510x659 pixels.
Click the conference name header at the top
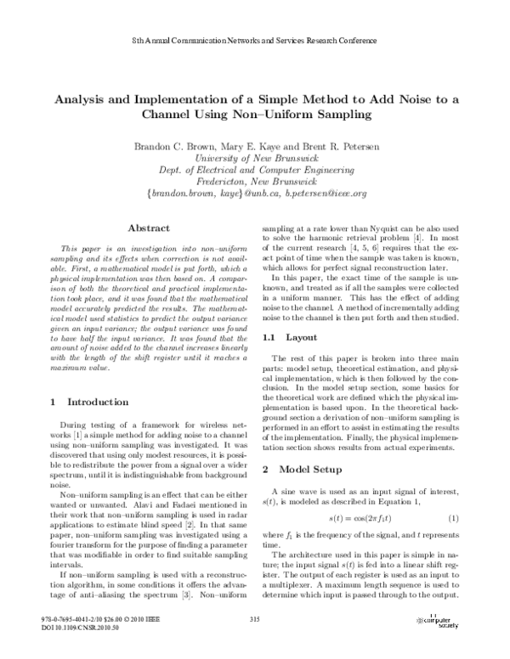[255, 41]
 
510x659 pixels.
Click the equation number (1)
[453, 517]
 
